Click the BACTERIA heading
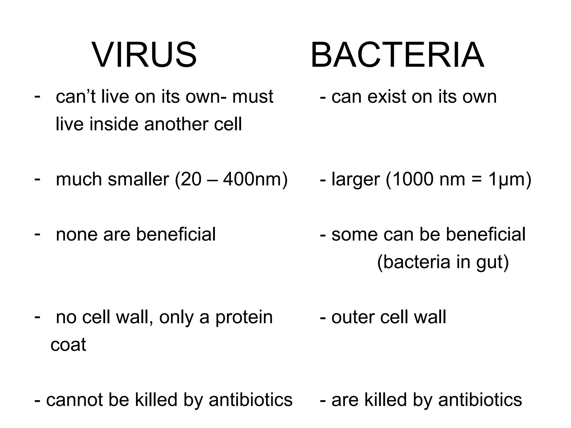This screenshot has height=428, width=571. pyautogui.click(x=397, y=55)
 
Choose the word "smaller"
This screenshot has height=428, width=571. pyautogui.click(x=138, y=179)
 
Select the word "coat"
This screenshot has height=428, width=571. pyautogui.click(x=68, y=345)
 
